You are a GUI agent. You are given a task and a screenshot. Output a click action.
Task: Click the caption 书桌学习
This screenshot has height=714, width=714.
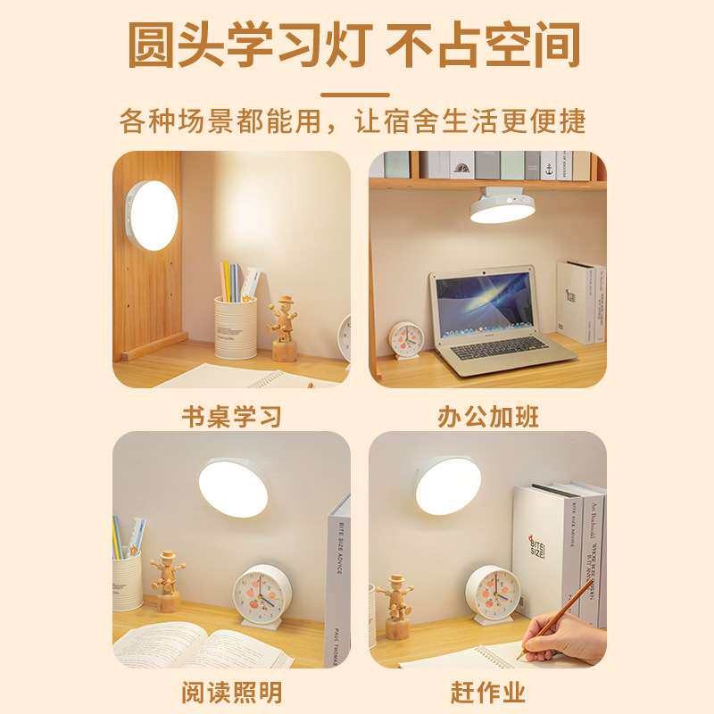(231, 416)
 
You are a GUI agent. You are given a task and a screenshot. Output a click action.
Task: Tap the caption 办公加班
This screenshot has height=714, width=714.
(488, 416)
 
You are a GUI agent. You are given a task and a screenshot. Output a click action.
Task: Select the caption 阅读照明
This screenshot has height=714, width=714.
(231, 692)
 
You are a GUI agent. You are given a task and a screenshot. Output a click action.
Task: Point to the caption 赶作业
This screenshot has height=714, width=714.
(488, 692)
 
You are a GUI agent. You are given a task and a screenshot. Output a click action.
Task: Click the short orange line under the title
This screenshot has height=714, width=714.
(355, 95)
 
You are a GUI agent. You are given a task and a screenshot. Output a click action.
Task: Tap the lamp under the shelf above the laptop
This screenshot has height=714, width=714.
(503, 205)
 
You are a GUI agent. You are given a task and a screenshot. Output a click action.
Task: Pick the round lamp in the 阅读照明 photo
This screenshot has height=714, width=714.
(233, 486)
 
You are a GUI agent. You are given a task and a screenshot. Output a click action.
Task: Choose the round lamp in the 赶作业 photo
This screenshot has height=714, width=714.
(447, 486)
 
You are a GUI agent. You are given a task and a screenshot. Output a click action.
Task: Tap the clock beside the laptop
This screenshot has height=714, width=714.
(407, 339)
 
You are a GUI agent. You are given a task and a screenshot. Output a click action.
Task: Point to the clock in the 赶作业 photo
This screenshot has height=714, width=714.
(493, 594)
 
